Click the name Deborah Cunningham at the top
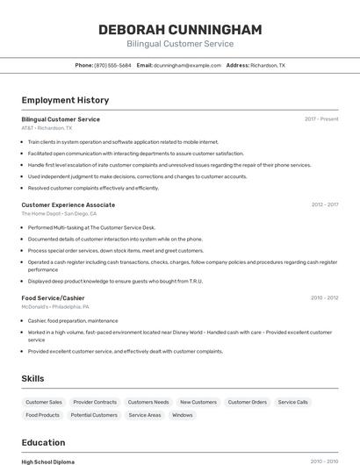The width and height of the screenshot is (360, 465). click(180, 30)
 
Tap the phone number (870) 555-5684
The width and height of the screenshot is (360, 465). click(112, 65)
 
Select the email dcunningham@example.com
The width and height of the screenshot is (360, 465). click(187, 65)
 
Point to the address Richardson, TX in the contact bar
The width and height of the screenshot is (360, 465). click(268, 65)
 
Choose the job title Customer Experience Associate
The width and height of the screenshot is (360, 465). click(68, 204)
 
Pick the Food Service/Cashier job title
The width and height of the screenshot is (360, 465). click(53, 297)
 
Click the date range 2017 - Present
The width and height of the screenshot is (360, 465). click(321, 118)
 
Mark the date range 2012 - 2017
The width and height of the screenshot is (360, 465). click(324, 204)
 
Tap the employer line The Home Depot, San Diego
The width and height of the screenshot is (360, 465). click(59, 213)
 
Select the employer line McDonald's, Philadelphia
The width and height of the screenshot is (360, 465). click(54, 306)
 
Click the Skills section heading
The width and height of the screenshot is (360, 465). click(33, 378)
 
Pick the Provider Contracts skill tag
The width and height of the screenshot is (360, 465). click(95, 402)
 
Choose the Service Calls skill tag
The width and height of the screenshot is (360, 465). click(292, 402)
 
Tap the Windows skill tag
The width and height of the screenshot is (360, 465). click(182, 415)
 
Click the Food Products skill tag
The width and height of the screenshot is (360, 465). click(43, 415)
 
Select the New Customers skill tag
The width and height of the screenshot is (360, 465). click(198, 402)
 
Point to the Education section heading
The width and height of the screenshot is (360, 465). click(43, 442)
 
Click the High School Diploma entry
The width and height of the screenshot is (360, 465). click(47, 461)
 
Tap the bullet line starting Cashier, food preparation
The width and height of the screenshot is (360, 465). click(73, 320)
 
